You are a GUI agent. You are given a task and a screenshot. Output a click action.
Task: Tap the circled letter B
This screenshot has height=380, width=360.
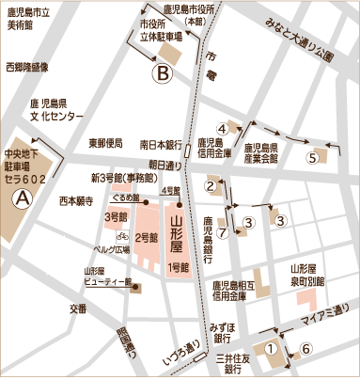click(x=163, y=69)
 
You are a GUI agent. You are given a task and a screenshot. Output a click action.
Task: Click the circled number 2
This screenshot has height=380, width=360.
click(x=211, y=184)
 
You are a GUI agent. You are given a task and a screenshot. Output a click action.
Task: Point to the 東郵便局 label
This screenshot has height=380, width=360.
click(x=106, y=144)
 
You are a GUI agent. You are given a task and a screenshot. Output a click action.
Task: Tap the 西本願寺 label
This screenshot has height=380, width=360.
click(x=77, y=200)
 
